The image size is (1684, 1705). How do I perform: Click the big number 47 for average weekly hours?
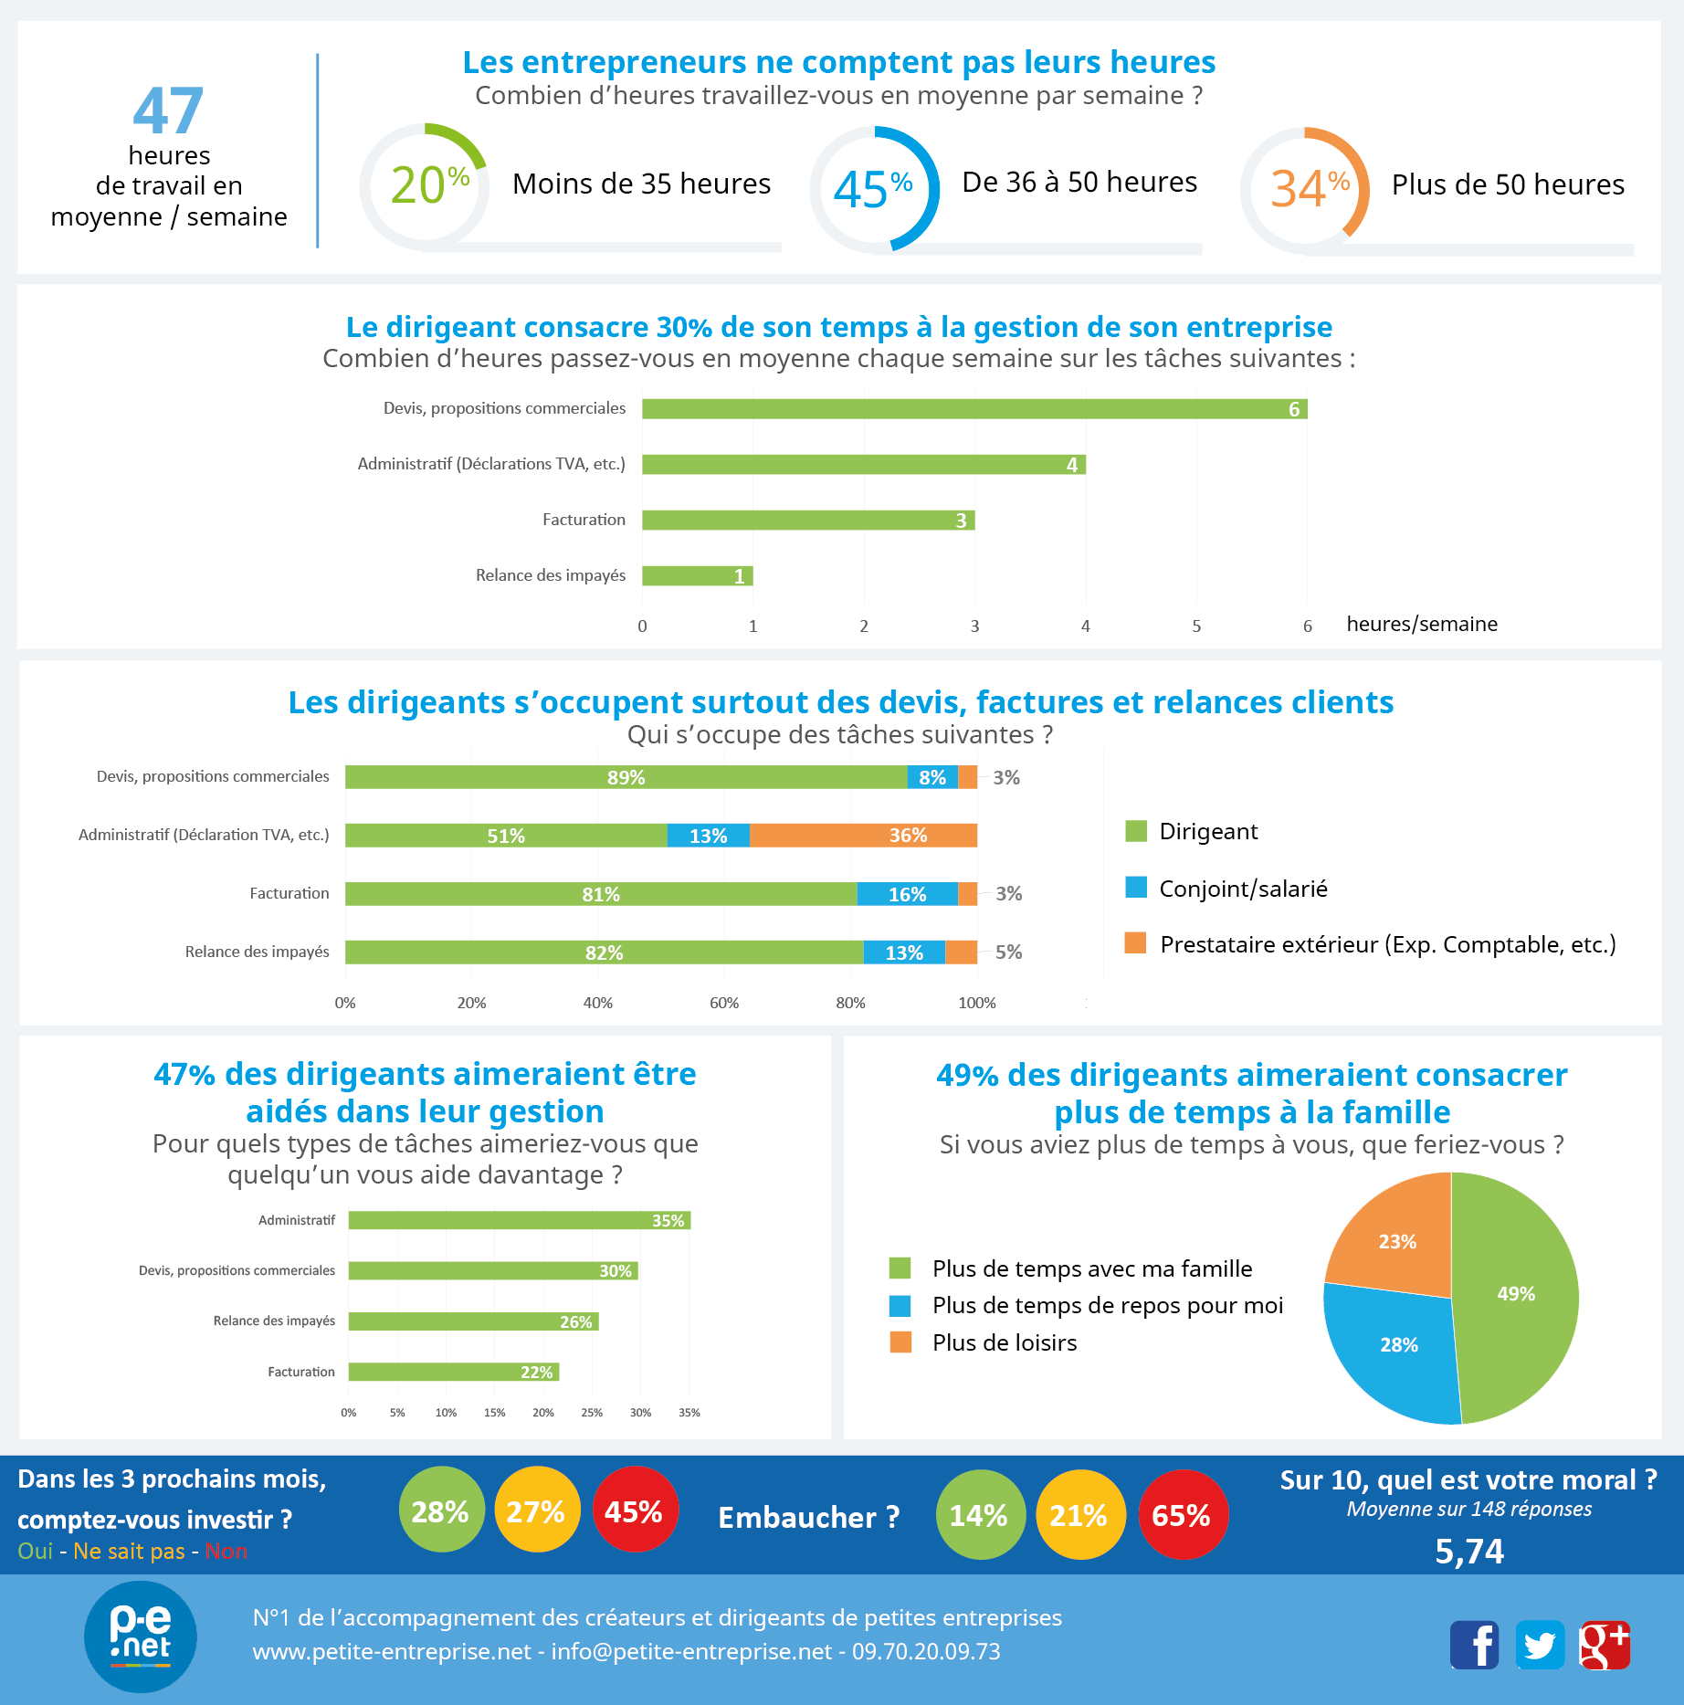click(168, 111)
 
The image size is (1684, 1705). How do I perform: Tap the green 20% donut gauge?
click(424, 185)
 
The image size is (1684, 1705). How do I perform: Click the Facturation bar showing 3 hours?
click(807, 521)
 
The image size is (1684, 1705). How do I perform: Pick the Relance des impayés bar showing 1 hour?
click(697, 576)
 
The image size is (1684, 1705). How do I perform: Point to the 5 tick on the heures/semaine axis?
click(1196, 626)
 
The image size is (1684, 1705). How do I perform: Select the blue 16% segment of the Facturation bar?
click(907, 894)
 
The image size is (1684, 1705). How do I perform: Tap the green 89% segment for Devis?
click(626, 777)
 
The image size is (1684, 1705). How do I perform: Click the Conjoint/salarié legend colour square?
click(1136, 888)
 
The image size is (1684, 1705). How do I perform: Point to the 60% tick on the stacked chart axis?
click(724, 1003)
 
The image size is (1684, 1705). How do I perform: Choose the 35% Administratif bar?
click(519, 1221)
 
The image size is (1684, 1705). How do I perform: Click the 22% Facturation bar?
click(453, 1372)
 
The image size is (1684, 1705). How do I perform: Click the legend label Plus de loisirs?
click(1005, 1342)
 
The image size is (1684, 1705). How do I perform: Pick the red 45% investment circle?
click(634, 1511)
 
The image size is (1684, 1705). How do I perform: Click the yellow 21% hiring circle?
click(1079, 1515)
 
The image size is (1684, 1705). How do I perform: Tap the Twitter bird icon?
click(1540, 1646)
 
